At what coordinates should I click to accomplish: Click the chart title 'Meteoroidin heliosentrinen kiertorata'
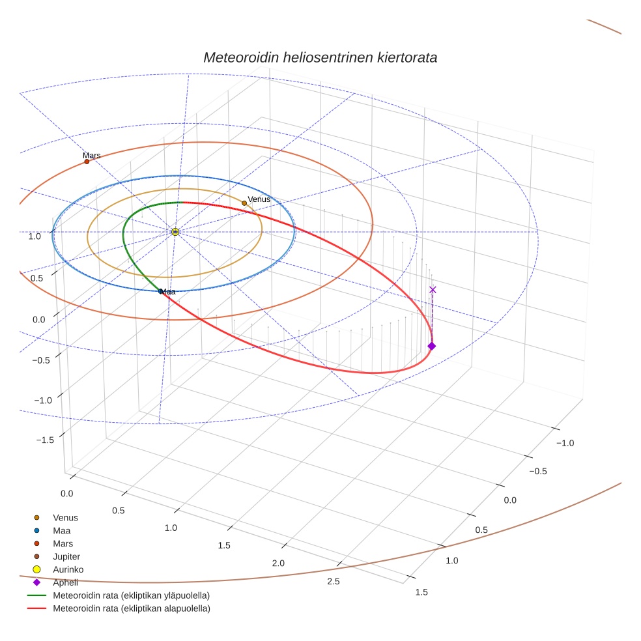320,57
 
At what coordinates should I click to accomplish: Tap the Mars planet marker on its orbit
87,162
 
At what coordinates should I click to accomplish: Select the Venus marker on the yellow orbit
244,203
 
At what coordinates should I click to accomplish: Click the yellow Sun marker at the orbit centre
175,232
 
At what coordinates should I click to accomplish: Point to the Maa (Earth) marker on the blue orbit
160,291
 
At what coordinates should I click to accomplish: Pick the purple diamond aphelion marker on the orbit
431,346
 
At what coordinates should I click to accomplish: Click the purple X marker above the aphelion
433,290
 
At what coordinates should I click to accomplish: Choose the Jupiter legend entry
66,556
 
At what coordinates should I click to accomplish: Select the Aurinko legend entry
68,569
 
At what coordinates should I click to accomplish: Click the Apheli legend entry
65,582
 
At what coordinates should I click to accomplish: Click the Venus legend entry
65,517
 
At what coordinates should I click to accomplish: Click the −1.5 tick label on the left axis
45,440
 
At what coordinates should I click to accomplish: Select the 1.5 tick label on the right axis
421,592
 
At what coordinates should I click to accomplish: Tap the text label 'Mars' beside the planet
92,156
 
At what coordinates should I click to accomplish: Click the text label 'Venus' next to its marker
259,199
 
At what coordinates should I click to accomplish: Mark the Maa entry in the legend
61,530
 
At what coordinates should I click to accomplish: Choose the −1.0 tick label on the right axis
565,443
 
